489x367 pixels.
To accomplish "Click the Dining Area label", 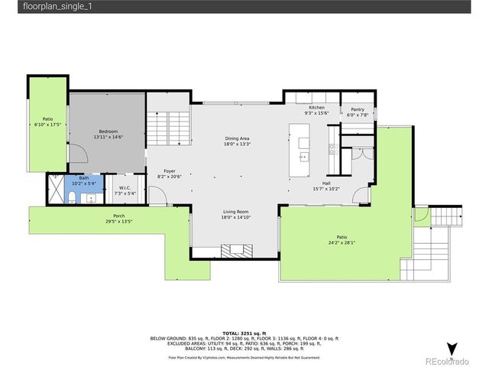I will point(237,138).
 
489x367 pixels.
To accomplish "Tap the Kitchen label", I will point(316,108).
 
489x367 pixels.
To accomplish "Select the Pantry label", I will point(358,109).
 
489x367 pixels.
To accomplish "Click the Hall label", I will point(326,183).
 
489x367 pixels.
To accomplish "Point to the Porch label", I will point(119,216).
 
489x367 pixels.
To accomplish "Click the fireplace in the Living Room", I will point(236,249).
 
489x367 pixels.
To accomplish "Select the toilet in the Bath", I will point(70,198).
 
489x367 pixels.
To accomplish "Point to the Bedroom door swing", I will point(79,152).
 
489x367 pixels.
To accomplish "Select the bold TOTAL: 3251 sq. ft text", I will point(244,334).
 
